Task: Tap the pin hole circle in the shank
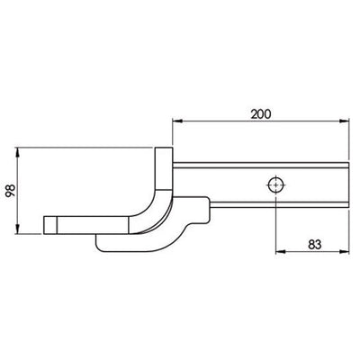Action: point(274,185)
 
